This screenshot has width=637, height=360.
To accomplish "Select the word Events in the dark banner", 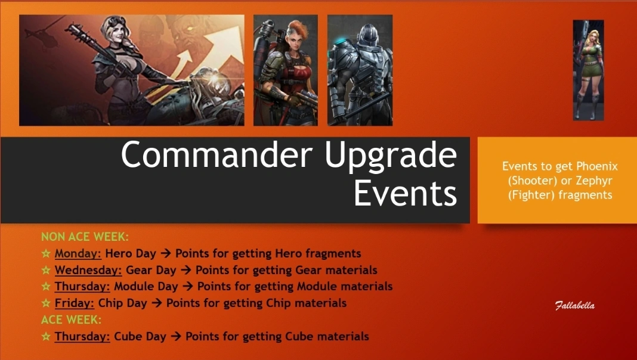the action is [406, 193].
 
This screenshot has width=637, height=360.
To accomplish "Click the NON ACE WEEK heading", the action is [85, 237].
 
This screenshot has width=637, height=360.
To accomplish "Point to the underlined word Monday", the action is [78, 254].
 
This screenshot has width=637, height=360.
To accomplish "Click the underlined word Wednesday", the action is [88, 271].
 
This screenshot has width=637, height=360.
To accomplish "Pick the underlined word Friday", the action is [75, 303].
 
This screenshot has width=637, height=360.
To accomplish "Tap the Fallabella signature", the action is [575, 306].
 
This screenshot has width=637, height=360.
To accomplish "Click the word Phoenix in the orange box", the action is [597, 166].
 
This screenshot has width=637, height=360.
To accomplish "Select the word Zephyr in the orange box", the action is [594, 181].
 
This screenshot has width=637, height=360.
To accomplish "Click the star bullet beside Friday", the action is [46, 303].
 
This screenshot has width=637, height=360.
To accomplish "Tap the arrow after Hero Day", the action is [165, 254].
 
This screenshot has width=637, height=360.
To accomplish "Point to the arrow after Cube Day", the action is [175, 337].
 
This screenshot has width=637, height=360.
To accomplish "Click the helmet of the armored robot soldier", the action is [367, 33].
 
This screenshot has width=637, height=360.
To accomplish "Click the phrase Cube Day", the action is [140, 337].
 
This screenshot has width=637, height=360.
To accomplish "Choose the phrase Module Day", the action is [146, 287].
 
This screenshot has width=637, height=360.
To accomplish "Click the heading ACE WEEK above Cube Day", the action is [72, 320].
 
